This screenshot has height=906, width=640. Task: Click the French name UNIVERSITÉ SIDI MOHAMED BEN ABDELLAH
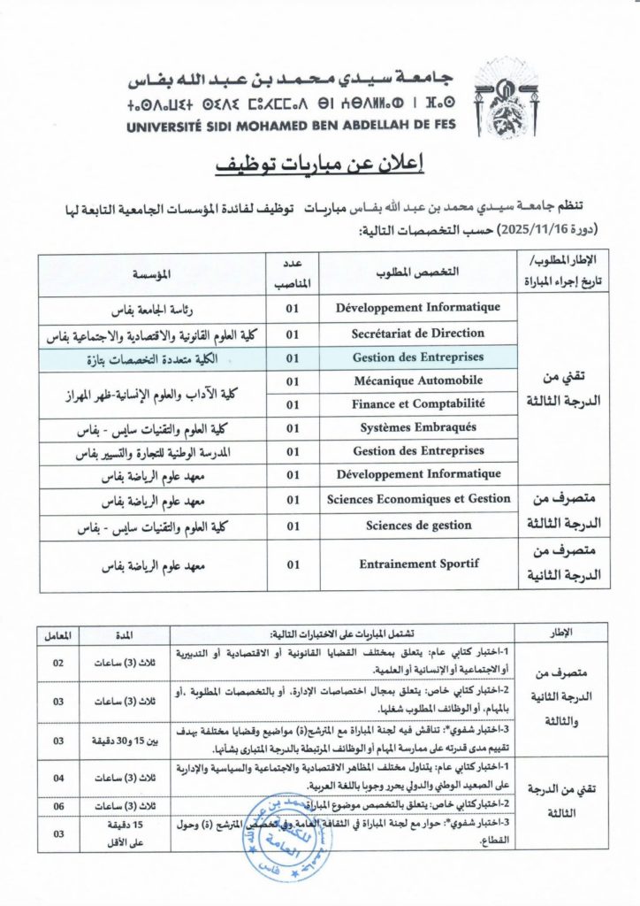(x=298, y=127)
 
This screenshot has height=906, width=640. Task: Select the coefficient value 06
(x=57, y=807)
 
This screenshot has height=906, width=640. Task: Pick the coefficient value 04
(x=57, y=778)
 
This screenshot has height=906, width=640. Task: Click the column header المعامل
(x=57, y=634)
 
